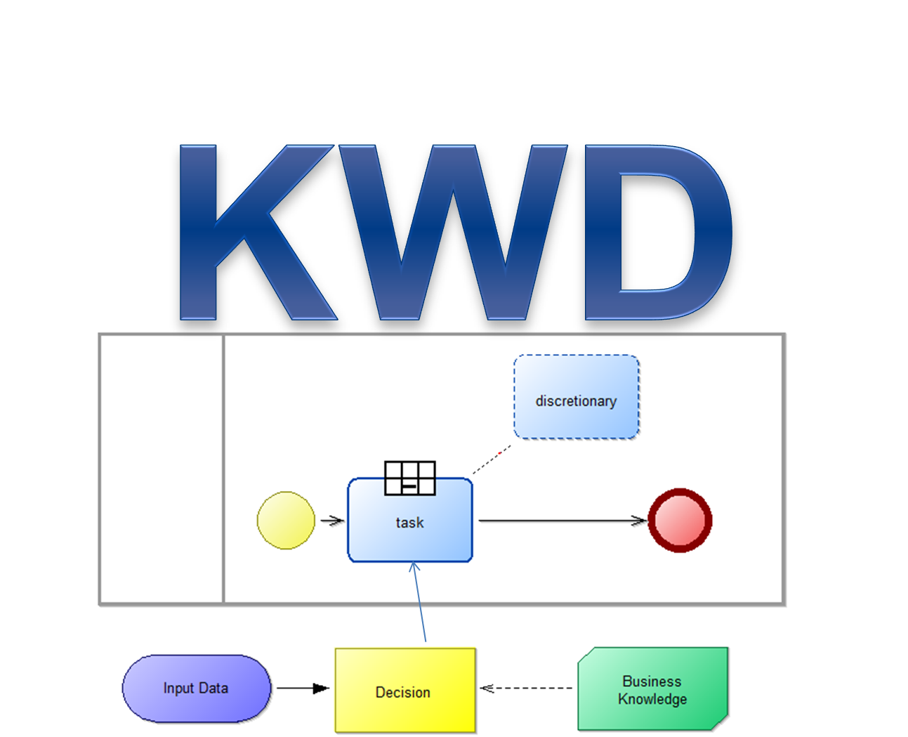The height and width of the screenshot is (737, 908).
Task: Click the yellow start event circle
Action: click(286, 521)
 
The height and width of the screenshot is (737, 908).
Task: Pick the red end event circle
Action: click(680, 521)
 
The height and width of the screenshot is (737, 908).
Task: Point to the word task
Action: click(409, 523)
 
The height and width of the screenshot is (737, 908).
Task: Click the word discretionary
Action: click(576, 401)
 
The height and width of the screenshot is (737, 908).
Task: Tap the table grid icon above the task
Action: click(410, 478)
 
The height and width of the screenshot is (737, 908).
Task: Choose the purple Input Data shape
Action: click(196, 689)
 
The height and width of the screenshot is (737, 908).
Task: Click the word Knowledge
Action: click(652, 700)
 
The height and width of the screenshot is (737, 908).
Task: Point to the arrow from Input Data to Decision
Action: click(303, 689)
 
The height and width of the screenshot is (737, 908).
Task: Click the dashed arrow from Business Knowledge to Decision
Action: click(527, 689)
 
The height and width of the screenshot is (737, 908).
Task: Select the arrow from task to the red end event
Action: click(562, 521)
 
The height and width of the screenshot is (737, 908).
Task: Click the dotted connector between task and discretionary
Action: click(492, 459)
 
